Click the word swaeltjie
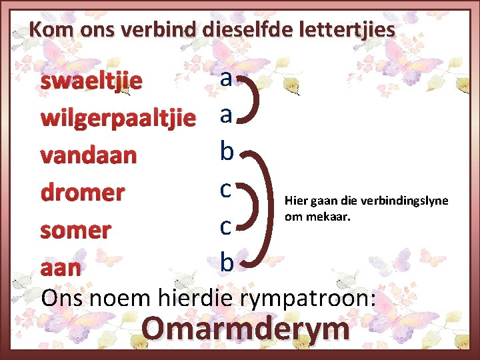click(x=91, y=81)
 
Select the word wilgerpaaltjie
click(x=118, y=119)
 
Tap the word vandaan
click(x=89, y=155)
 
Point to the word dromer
click(x=83, y=193)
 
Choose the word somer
click(x=76, y=230)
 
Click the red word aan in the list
click(x=61, y=267)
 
